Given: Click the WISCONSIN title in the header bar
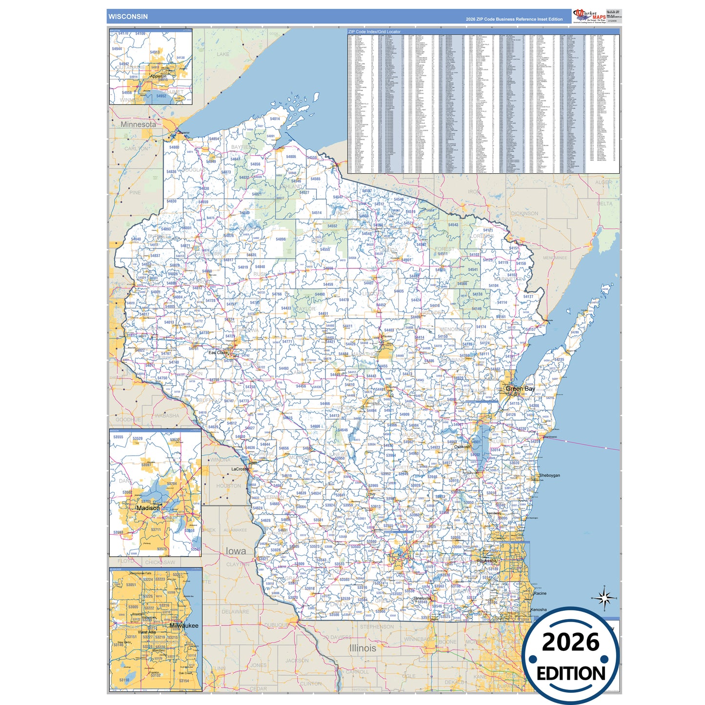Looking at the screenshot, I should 128,17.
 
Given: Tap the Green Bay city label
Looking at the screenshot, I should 520,389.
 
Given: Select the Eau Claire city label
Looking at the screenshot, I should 218,352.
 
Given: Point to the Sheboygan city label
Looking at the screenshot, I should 549,475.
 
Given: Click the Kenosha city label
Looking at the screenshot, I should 539,610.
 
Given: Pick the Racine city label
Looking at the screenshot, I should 540,593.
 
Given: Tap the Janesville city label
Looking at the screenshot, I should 422,598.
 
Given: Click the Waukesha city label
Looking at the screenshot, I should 486,561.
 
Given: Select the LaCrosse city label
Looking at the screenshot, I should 240,469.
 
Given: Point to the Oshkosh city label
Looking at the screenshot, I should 463,447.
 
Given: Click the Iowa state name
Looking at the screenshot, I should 236,551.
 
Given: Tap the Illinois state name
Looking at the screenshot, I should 363,648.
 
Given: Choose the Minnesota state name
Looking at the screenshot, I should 139,124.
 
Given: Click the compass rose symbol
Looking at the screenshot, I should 604,598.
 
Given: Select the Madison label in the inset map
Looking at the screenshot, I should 148,508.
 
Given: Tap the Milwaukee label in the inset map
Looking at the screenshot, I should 184,625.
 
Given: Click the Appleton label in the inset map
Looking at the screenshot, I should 158,76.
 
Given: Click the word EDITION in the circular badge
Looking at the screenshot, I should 571,674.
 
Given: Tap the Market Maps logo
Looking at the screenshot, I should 590,16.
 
